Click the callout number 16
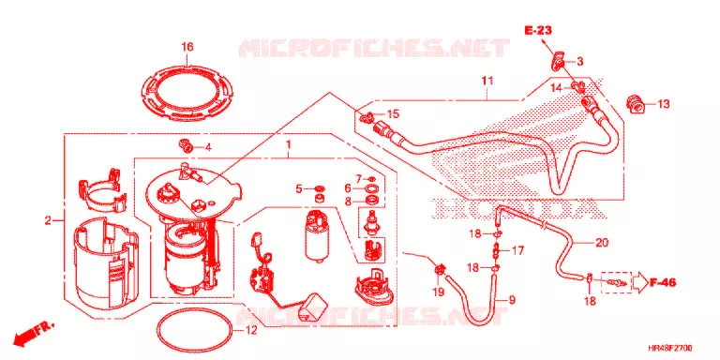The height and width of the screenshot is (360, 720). click(187, 47)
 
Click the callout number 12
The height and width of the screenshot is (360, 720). click(250, 330)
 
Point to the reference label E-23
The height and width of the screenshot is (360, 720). click(539, 31)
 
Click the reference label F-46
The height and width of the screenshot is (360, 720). click(663, 282)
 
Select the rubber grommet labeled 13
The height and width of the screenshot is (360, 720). click(635, 104)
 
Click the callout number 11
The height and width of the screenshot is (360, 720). click(487, 82)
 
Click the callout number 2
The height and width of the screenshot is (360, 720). click(48, 221)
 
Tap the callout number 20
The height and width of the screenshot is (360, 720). click(602, 242)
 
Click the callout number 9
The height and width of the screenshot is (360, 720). click(512, 301)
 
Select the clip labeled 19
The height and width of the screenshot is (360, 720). click(440, 270)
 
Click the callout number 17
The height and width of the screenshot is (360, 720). click(517, 250)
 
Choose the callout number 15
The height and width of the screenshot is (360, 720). click(393, 113)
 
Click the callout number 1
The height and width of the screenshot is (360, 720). click(289, 145)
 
